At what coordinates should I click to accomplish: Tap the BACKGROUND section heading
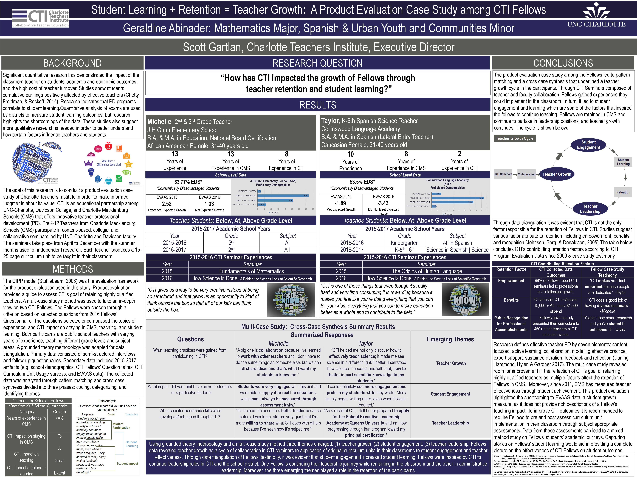coord(72,63)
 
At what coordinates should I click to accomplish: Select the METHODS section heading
coord(73,269)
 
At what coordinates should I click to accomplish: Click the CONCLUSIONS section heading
coord(563,63)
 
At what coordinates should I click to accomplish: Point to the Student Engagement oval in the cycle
coord(588,145)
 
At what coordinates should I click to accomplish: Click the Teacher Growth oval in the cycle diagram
coord(557,174)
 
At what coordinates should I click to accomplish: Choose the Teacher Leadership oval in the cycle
coord(590,209)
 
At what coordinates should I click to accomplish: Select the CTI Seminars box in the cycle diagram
coord(503,174)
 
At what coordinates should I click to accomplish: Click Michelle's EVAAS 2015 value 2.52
coord(167,204)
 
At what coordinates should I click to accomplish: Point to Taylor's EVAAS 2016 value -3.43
coord(383,203)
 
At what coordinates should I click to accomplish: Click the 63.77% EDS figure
coord(188,182)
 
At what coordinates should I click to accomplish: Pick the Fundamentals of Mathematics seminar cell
coord(251,271)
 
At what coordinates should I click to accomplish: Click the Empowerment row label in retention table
coord(511,281)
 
